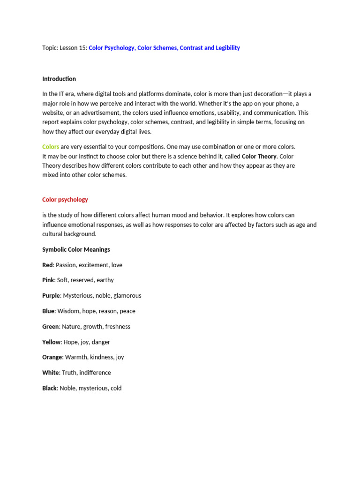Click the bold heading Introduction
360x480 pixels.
(59, 79)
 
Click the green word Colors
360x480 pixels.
(51, 147)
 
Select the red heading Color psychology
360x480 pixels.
(65, 200)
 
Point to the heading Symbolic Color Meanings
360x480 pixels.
(76, 249)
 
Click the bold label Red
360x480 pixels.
(47, 265)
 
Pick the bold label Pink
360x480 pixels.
(48, 280)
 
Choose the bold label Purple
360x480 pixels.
(51, 296)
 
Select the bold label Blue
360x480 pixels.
(48, 311)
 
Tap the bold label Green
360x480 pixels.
(51, 327)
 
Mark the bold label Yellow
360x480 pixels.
(52, 342)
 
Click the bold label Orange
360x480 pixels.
(52, 357)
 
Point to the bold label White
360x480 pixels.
(51, 373)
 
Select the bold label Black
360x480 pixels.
(49, 388)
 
